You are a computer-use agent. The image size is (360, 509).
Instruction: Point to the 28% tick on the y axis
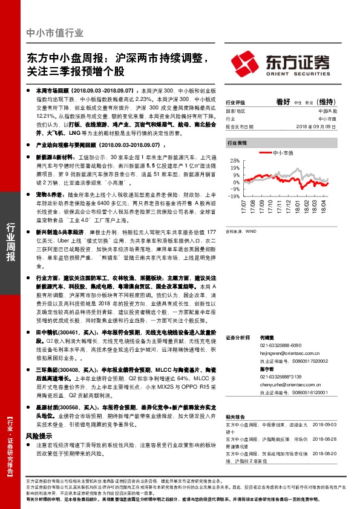[x=235, y=160]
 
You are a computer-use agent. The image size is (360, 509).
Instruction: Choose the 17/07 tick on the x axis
[x=244, y=208]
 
